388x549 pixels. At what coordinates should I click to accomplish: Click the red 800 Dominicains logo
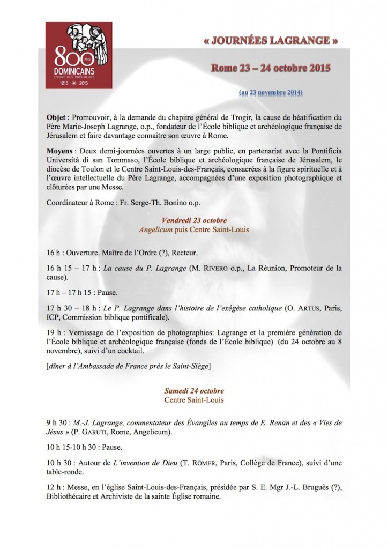point(79,55)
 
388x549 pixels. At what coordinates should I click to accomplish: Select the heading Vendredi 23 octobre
point(194,220)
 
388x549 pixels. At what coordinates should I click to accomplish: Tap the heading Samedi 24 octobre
point(194,390)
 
